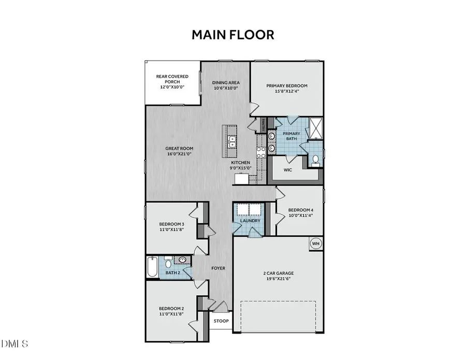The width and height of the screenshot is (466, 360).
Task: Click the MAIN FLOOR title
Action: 232,35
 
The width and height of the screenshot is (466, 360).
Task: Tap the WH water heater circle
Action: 315,243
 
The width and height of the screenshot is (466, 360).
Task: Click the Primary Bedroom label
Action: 287,86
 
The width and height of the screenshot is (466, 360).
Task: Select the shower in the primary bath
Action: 315,127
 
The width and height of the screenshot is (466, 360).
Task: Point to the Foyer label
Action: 218,268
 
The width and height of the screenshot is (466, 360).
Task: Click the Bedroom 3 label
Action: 171,224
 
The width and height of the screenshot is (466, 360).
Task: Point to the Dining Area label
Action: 225,83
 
